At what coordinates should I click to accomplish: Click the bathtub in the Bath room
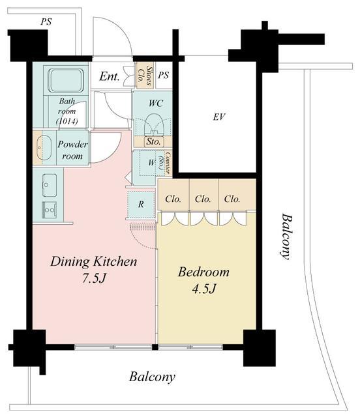pos(67,80)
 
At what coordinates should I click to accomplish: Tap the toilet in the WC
pos(154,124)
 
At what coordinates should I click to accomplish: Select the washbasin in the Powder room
pos(44,148)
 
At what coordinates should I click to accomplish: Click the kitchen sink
pos(50,185)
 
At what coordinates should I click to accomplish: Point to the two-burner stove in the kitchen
pos(50,210)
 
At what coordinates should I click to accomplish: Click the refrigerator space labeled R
pos(141,204)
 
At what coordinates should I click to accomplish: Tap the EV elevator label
pos(219,117)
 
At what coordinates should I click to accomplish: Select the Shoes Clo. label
pos(145,75)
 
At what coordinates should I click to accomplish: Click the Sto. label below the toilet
pos(153,141)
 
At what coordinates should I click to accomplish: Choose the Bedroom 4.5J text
pos(203,280)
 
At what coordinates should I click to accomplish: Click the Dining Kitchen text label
pos(93,261)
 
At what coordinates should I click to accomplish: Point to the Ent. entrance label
pos(110,77)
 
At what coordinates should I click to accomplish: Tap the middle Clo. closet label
pos(203,199)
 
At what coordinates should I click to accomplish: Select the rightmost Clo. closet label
pos(232,199)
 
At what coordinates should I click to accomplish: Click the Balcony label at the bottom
pos(152,377)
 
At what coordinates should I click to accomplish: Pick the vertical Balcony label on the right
pos(287,236)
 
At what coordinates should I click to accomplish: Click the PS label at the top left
pos(46,22)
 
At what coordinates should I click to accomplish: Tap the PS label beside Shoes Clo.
pos(163,76)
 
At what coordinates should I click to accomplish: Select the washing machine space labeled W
pos(151,162)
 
